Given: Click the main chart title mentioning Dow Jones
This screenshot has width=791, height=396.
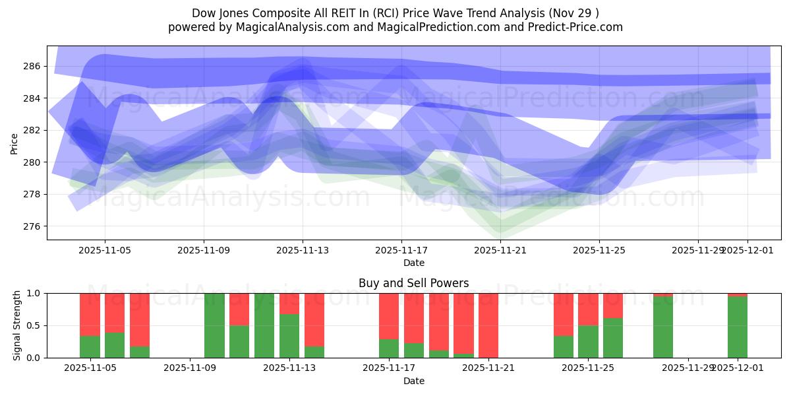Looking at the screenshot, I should pos(395,13).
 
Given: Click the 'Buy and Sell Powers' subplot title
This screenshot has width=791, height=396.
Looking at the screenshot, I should pos(413,283).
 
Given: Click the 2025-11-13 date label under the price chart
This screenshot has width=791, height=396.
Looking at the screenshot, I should pos(302,251).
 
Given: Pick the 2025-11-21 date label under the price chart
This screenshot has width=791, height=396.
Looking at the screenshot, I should pos(500,251).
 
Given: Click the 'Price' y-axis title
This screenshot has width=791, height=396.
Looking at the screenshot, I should pos(14,143).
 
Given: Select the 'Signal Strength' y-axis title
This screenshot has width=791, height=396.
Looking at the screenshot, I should pos(17,325).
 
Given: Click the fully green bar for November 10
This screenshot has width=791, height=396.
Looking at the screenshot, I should pos(214,325).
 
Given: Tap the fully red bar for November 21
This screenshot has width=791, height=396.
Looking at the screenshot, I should pos(488,325).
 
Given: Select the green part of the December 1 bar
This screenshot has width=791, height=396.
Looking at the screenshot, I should pos(738,327).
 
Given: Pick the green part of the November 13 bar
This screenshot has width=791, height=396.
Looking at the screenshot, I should pos(289,336).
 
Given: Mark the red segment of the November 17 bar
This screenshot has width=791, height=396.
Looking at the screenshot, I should pos(389,315).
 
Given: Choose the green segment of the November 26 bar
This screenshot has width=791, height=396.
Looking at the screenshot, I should pos(613,338).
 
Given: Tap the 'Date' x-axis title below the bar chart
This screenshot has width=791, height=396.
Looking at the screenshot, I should pos(413,381).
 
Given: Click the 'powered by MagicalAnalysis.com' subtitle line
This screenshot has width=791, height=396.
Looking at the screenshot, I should pos(395,27).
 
